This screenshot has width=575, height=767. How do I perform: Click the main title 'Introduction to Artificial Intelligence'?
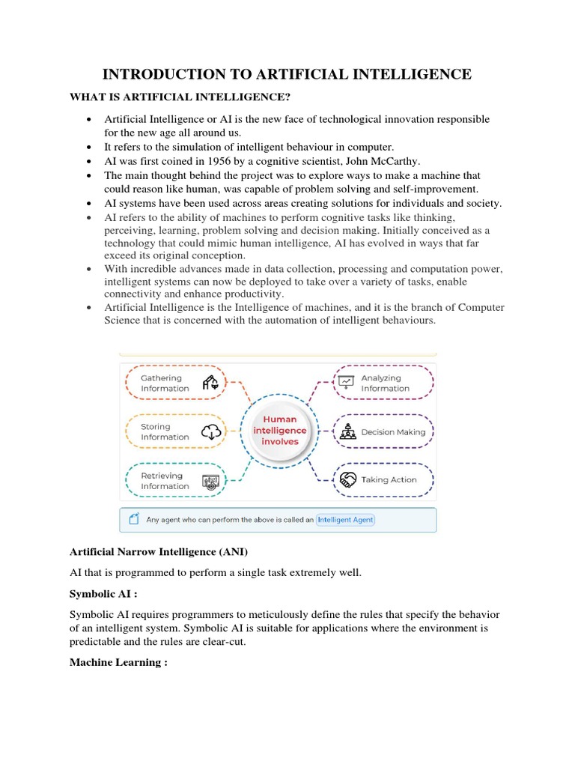coord(287,73)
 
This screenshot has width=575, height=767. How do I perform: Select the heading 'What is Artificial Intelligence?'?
coord(180,97)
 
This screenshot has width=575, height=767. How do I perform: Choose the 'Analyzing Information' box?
coord(383,383)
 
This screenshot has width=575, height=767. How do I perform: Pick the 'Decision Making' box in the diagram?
coord(383,432)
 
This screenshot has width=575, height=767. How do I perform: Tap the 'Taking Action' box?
coord(383,479)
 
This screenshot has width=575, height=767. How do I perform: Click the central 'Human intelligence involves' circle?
coord(279,431)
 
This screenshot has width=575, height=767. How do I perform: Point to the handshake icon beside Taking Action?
coord(347,479)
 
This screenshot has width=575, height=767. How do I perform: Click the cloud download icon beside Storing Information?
coord(212,431)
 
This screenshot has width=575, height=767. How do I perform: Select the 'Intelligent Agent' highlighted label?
coord(345,519)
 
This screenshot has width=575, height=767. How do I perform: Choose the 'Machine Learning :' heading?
coord(118,662)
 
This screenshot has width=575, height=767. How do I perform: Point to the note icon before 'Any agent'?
coord(135,519)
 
